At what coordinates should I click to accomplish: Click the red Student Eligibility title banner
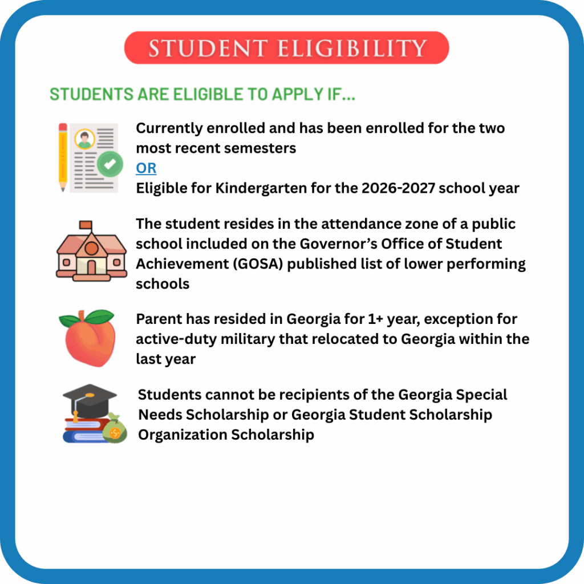click(286, 48)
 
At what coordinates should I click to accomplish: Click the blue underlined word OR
click(146, 168)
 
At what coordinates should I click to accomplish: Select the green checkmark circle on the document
click(109, 164)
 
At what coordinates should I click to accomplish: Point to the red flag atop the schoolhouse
click(86, 225)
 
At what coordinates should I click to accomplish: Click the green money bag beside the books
click(115, 429)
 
